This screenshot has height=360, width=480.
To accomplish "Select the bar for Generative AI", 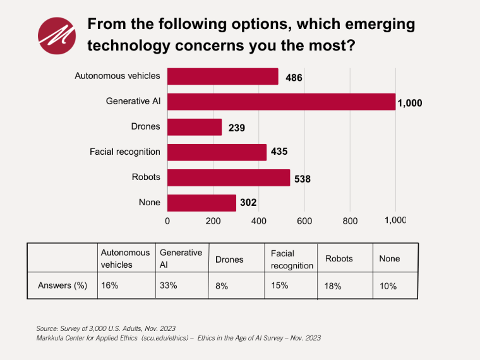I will coord(281,102).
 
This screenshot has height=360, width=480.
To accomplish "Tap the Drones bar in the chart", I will coord(195,127).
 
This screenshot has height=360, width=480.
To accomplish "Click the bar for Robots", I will coord(229,177).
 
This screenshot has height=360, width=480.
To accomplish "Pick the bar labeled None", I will coord(201,203).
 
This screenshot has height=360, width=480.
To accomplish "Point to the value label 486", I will coord(294,78).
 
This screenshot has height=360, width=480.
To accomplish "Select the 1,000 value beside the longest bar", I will coord(409,104).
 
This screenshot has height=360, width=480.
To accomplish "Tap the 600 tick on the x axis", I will coord(304,221).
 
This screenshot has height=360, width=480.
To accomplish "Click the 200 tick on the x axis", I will coord(213,221).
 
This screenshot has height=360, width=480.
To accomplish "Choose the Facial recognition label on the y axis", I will coord(125,152).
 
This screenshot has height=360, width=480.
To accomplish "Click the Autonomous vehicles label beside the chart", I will coord(117,76).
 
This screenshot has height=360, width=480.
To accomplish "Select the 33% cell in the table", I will coord(169,285).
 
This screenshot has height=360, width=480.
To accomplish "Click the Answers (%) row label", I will coord(63,285).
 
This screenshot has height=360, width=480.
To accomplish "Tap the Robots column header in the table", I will coord(339,259).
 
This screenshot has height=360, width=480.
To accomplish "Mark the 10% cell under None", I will coord(388,286).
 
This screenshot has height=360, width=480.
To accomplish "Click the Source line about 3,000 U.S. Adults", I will coord(106,328).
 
